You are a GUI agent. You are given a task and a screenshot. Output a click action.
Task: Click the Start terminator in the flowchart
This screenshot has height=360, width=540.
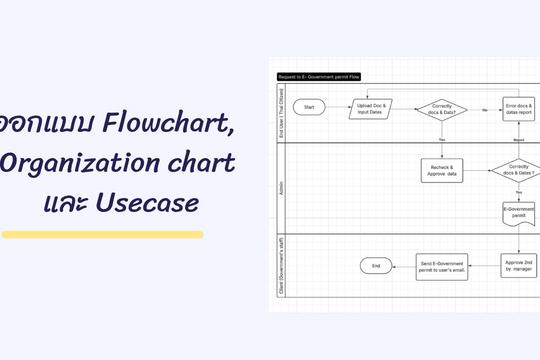tap(310, 106)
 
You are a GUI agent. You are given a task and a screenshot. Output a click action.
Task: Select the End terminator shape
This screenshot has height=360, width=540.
tap(376, 266)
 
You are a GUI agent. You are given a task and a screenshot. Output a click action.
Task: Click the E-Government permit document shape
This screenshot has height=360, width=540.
tap(518, 213)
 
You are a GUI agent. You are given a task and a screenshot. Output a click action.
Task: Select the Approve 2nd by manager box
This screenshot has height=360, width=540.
tap(518, 265)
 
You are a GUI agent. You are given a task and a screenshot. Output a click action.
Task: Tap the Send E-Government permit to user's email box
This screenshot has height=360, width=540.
tap(442, 266)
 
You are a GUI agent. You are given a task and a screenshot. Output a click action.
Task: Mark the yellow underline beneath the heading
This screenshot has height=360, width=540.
tap(102, 235)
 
